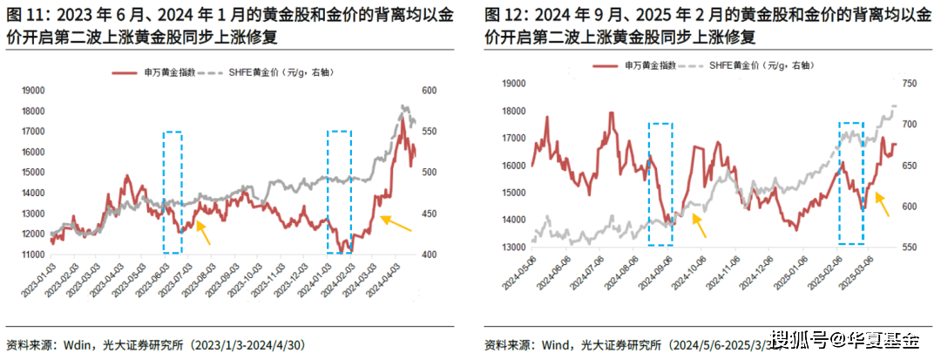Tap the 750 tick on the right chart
(x=911, y=84)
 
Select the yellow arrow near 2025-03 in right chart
(x=883, y=206)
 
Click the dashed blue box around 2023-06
(x=173, y=192)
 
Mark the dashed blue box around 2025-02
(x=851, y=183)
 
